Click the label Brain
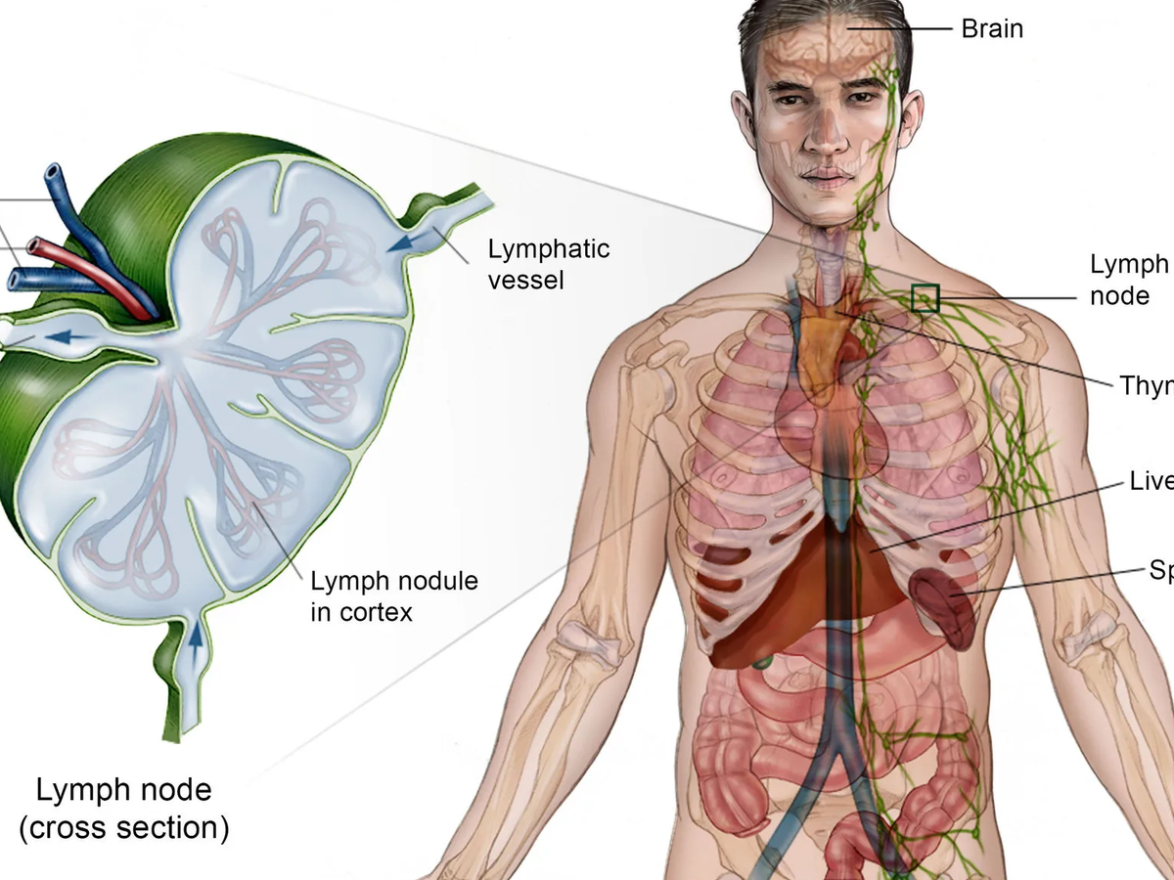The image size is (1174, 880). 992,29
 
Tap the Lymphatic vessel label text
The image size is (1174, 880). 548,264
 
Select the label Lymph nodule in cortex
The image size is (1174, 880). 394,596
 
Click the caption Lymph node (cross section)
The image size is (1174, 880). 124,808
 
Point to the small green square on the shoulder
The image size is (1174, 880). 925,297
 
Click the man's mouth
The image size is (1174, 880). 828,179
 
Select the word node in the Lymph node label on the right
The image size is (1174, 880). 1119,295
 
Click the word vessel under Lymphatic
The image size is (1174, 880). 526,282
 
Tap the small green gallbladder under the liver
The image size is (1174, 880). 764,662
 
